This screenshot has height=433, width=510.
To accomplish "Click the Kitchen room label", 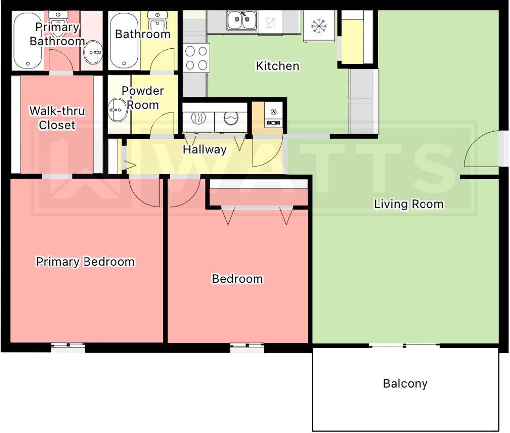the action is [277, 66].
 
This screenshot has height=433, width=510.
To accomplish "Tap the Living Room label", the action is [409, 204].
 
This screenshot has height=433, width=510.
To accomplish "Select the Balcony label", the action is [405, 384].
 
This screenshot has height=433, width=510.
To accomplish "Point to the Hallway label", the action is [205, 150].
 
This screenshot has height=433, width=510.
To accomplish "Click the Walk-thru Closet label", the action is [57, 118].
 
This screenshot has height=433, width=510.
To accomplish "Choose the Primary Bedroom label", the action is [85, 262].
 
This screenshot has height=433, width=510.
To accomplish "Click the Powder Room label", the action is [143, 98].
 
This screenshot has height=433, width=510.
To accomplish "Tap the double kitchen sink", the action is [242, 20].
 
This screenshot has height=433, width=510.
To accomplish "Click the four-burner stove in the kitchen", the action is [196, 58].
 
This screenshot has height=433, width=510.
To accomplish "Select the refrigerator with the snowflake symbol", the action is [319, 26].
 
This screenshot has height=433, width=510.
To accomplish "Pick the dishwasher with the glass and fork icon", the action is [270, 22].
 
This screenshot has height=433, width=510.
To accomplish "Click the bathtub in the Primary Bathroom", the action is [28, 41].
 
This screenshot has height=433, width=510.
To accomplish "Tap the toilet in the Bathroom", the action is [158, 21].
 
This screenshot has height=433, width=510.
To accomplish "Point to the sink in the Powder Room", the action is [117, 110].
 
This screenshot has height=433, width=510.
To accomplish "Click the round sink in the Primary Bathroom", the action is [93, 52].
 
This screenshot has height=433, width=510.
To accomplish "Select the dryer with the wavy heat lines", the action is [198, 118].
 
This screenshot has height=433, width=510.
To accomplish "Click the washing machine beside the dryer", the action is [231, 118].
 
